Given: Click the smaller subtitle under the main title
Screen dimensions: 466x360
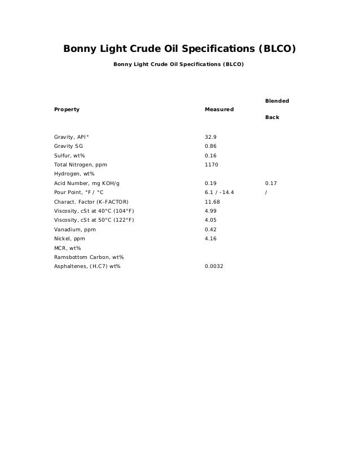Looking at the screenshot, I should [179, 64].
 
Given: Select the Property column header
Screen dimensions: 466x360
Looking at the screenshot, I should [67, 109].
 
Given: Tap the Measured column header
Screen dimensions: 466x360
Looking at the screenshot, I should [219, 109].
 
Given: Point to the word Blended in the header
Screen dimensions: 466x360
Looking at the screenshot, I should [277, 100].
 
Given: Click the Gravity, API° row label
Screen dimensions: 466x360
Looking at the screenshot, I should [71, 137].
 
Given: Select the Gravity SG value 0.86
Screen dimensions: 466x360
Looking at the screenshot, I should [210, 146].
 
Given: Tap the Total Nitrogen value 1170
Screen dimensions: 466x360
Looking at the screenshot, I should [211, 164].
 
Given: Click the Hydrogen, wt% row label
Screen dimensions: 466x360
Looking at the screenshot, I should [74, 174].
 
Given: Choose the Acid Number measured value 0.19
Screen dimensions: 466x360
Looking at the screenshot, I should [210, 183].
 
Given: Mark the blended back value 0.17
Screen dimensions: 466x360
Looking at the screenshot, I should [271, 183].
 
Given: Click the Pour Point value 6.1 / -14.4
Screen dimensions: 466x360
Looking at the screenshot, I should [219, 192].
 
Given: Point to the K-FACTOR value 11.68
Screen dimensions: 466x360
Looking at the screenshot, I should [212, 201].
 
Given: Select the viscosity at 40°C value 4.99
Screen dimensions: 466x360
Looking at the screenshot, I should [210, 211].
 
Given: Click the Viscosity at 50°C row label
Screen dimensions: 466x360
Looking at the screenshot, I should [94, 220].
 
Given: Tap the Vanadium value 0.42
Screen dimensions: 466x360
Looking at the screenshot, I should [210, 230].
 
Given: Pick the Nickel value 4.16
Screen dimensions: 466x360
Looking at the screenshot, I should [210, 239].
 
